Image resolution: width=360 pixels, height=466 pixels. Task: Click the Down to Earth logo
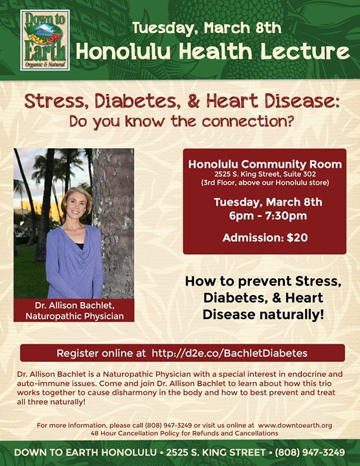pos(45,40)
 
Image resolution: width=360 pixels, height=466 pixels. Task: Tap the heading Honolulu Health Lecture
pos(212,51)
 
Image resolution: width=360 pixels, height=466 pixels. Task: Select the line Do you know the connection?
pos(181,121)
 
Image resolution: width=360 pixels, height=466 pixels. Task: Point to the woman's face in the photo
pos(76,205)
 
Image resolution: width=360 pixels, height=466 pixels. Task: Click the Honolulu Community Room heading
pos(265,164)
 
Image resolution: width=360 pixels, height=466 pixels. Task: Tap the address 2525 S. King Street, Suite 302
pos(265,174)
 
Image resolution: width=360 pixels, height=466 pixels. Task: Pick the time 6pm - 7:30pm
pos(268,216)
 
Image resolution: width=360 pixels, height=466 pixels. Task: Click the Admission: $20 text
pos(265,238)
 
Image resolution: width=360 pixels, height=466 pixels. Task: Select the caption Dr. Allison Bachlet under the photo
pos(74,305)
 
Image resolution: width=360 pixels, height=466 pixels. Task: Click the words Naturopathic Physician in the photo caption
pos(74,316)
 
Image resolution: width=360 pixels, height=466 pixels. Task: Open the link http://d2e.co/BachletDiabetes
pos(229,353)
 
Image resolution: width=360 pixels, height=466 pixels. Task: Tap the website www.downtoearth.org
pos(295,425)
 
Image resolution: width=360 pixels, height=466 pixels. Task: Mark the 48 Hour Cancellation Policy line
pos(185,433)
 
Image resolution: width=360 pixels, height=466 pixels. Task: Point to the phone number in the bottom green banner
pos(309,452)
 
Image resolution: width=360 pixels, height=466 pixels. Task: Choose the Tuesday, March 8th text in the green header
pos(207,28)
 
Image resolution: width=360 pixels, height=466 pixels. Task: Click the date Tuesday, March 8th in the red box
pos(268,202)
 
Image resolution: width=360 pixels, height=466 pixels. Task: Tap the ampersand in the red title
pos(193,101)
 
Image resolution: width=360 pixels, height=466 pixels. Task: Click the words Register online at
pos(101,353)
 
